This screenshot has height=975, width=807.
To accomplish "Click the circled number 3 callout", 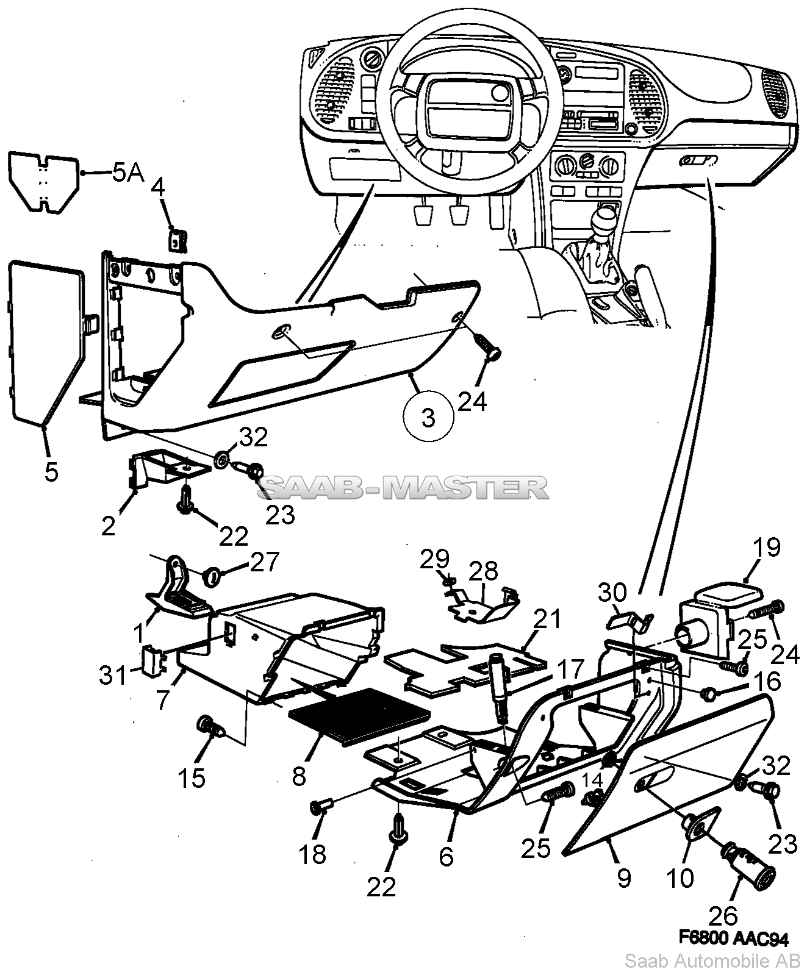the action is click(x=429, y=418).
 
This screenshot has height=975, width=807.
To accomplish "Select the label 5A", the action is click(x=128, y=173).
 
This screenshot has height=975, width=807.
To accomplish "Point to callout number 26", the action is click(x=723, y=916).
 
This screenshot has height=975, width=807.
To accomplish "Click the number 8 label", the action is click(x=299, y=777).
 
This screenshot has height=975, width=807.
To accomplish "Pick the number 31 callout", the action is click(x=114, y=675).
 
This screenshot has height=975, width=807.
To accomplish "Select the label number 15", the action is click(x=192, y=778).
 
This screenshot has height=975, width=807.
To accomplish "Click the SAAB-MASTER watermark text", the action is click(x=403, y=487).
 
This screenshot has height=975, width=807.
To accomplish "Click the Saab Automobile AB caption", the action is click(x=712, y=962).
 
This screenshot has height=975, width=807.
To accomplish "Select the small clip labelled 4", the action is click(x=178, y=240).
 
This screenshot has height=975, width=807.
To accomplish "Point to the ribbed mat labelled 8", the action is click(x=360, y=716).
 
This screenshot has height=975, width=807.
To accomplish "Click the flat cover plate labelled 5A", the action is click(x=43, y=182).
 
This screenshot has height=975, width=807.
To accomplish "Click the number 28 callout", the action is click(x=484, y=572).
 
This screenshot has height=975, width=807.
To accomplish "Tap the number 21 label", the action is click(x=548, y=620).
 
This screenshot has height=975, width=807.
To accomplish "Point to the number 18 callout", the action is click(x=312, y=855).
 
